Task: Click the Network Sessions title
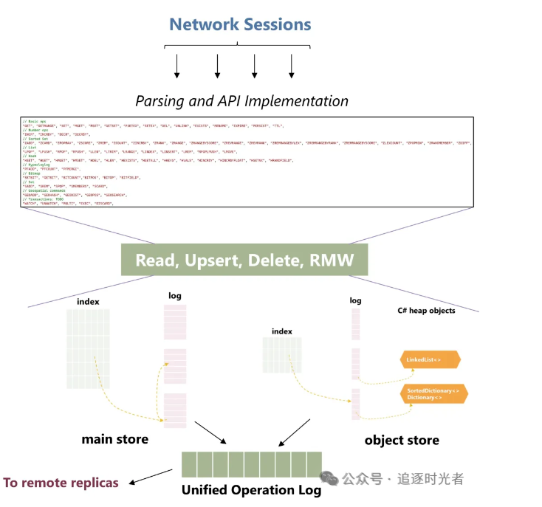241,24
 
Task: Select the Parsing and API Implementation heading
242,101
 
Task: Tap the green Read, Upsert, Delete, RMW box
244,260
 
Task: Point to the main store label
114,439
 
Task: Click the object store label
402,440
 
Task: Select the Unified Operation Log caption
252,490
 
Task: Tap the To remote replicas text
61,483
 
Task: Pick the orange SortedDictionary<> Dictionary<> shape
433,393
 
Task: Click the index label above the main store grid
88,301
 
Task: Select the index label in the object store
282,331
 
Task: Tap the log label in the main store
175,296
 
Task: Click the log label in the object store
356,300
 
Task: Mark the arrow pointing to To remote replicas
151,477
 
